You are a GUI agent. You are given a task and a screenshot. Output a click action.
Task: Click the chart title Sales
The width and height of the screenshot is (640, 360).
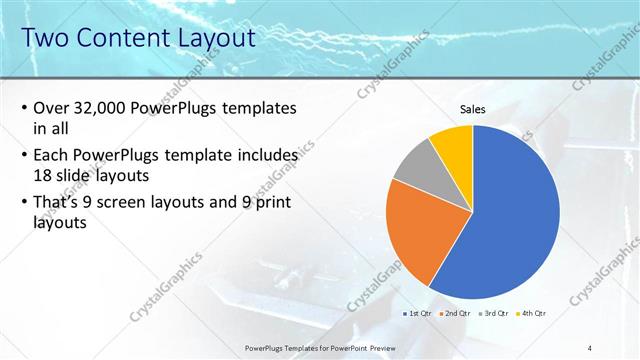(x=473, y=109)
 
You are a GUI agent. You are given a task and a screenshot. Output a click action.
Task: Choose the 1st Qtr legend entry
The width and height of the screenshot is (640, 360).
(x=417, y=313)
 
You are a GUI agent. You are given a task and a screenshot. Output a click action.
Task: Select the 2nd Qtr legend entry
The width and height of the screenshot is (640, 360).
(x=455, y=313)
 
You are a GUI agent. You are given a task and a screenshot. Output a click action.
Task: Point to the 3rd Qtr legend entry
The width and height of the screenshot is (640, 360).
(x=492, y=313)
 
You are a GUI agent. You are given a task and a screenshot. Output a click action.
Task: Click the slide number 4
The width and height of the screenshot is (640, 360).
(x=590, y=346)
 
